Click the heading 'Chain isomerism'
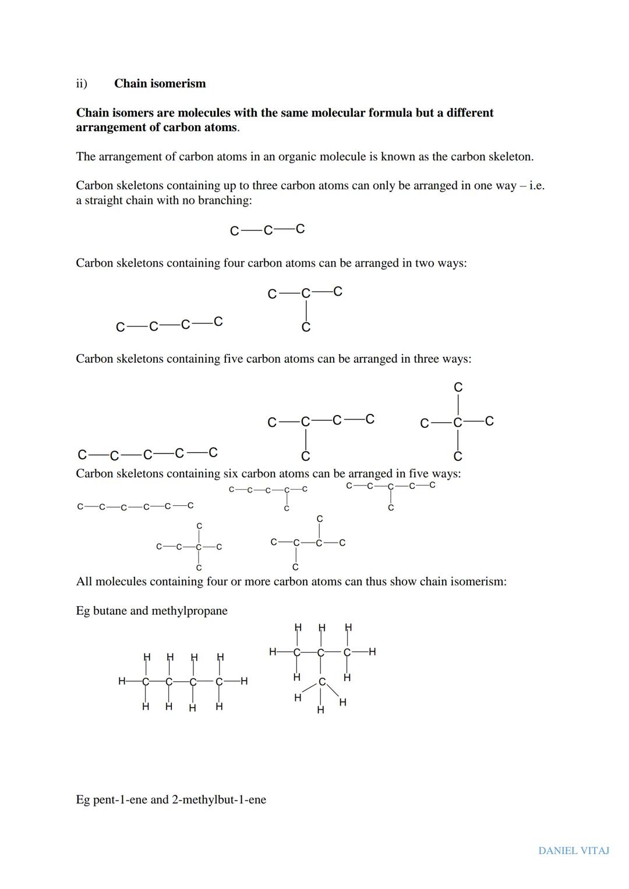click(160, 83)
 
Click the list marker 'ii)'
click(82, 83)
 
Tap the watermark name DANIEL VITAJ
click(573, 851)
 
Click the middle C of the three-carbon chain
click(268, 231)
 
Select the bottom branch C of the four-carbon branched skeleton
click(306, 328)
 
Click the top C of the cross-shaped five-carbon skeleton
click(458, 388)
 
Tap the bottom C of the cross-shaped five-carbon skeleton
click(458, 456)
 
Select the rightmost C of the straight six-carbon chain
click(190, 505)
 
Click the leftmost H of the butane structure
click(122, 681)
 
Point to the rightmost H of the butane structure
click(244, 681)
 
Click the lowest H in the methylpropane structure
click(320, 710)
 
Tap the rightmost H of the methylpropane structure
click(372, 651)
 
